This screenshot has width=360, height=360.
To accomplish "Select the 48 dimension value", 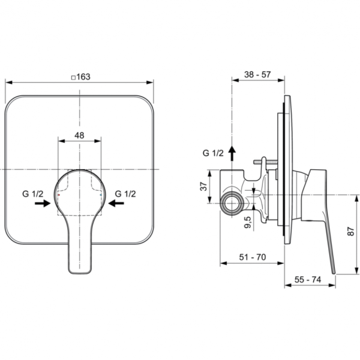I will click(79, 136).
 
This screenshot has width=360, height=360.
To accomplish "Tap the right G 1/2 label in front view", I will click(126, 193).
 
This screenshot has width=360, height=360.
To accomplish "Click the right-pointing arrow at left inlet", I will click(42, 204).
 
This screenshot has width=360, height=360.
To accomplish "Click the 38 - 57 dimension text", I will click(257, 75).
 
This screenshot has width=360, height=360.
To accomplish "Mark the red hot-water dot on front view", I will click(58, 196).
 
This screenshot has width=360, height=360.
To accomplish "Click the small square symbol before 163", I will click(73, 77).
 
